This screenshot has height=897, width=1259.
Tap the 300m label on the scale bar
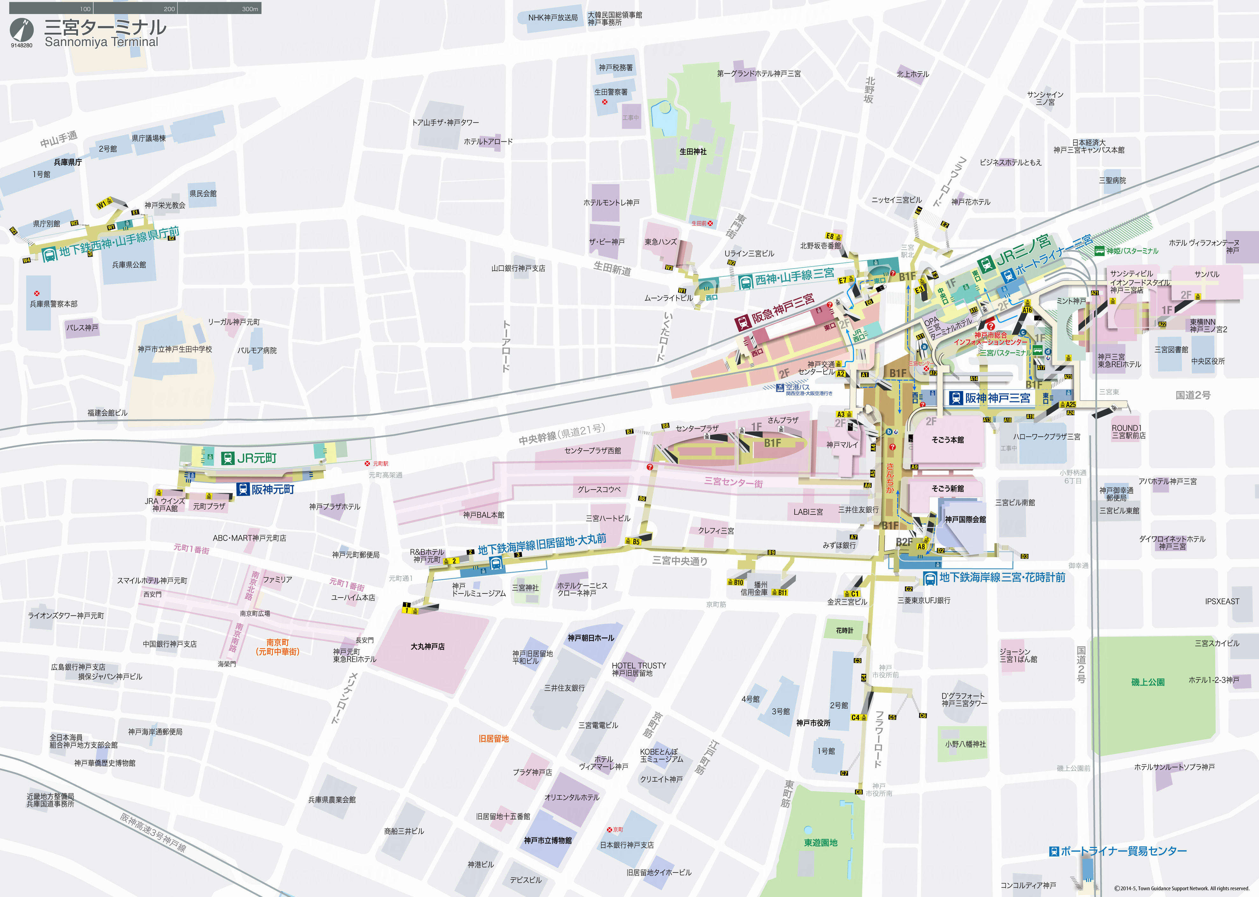tap(250, 9)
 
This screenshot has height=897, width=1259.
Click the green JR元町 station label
tap(250, 458)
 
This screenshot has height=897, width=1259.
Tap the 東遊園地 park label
tap(820, 842)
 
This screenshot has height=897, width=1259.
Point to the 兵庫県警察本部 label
tap(54, 304)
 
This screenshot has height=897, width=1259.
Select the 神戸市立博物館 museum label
tap(548, 840)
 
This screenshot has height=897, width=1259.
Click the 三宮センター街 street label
tap(733, 482)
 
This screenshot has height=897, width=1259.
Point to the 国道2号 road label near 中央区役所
tap(1193, 395)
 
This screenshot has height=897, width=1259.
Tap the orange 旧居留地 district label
tap(493, 738)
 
